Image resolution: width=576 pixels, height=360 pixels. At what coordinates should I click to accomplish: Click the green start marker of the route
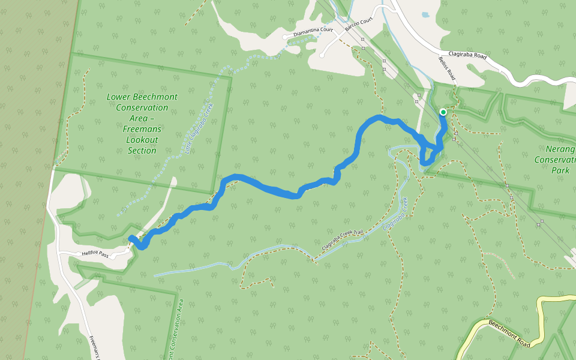443,112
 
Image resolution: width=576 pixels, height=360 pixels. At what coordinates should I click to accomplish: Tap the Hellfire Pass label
95,255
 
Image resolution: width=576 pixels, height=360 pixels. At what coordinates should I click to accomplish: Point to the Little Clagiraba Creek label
199,128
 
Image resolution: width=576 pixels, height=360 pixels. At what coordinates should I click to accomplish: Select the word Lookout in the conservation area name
142,140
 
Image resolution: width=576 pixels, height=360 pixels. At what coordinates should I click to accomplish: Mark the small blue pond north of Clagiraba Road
425,15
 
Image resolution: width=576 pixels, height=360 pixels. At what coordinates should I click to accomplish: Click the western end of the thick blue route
131,238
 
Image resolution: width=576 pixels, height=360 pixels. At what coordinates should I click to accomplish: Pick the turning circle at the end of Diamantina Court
285,37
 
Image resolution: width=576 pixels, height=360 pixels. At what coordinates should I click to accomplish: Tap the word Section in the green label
142,151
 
